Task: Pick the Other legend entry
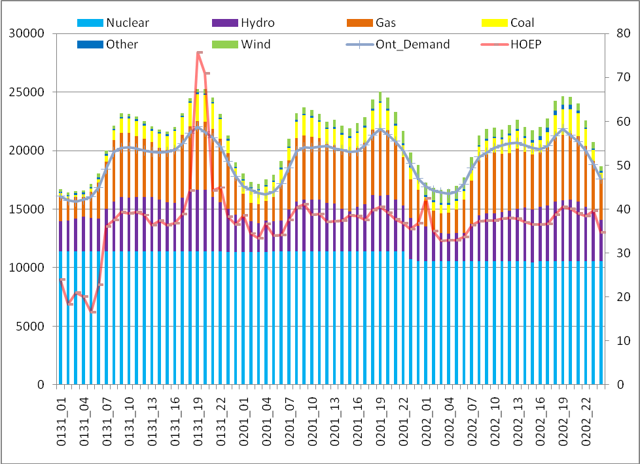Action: point(122,45)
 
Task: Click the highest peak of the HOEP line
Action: point(199,52)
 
